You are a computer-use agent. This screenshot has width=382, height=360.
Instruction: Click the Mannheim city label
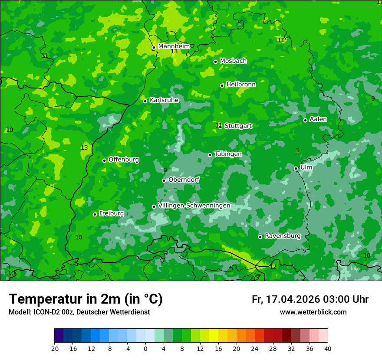[x=174, y=46]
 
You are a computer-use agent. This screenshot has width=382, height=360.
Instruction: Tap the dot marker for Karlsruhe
[x=145, y=101]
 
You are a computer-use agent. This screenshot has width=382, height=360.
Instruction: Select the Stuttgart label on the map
[x=238, y=126]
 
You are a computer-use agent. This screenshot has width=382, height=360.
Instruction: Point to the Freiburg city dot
[x=95, y=214]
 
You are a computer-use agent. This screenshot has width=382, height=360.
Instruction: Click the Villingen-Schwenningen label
[x=194, y=206]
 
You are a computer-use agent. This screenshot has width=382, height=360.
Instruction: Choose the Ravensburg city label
[x=283, y=236]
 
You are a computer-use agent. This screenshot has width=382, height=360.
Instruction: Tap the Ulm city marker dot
[x=296, y=168]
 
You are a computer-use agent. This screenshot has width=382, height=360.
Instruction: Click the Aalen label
[x=318, y=119]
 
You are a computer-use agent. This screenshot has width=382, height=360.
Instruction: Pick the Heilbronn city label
[x=241, y=85]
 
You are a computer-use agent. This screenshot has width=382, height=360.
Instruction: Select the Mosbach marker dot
[x=215, y=62]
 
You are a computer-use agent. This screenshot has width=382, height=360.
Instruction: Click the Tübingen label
[x=228, y=154]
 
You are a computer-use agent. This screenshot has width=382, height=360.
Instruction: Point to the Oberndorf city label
[x=184, y=180]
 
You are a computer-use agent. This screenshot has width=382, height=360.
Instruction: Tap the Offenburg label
[x=124, y=160]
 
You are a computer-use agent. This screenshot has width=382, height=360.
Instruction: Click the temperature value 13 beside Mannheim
[x=174, y=52]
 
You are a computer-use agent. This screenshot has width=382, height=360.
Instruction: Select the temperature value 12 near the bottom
[x=273, y=267]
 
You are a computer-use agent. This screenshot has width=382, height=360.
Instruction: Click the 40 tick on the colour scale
[x=327, y=348]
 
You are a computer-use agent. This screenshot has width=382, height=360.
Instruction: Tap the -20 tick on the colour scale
[x=54, y=348]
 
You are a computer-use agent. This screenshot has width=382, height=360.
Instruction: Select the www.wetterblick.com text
[x=313, y=312]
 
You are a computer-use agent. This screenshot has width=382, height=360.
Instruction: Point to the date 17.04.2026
[x=293, y=299]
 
